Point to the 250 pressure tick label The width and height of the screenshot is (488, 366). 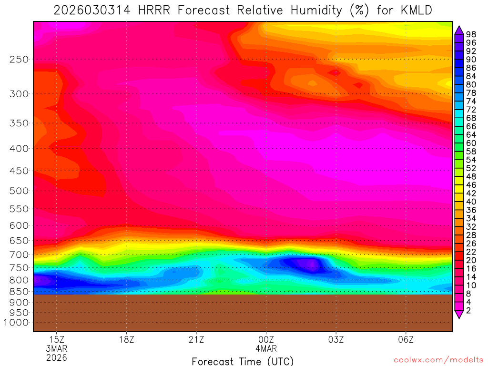(20, 60)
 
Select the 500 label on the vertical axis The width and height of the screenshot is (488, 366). (20, 191)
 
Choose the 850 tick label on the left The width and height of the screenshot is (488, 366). (20, 291)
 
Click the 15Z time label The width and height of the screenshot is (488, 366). (57, 339)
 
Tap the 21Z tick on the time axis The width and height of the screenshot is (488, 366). (196, 339)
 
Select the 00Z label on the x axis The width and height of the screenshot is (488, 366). (266, 339)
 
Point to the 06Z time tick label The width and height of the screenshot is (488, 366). (406, 339)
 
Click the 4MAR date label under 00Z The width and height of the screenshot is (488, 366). (266, 348)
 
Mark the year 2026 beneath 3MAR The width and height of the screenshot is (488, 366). (57, 357)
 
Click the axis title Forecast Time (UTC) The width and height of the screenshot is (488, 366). (243, 361)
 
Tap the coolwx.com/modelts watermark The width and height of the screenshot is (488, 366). (438, 360)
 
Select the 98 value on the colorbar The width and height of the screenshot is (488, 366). (472, 34)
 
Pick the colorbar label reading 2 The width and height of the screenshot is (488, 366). (469, 310)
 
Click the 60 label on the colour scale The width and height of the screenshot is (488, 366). (472, 143)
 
